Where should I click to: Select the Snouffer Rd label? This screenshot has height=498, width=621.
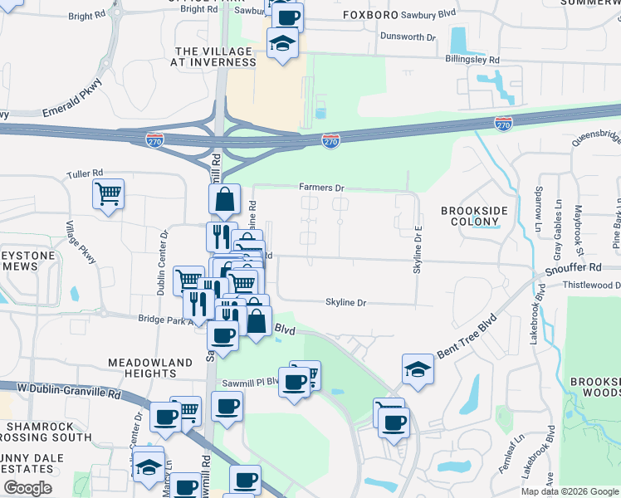[x=574, y=268]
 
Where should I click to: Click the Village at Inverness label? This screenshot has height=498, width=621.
[x=213, y=56]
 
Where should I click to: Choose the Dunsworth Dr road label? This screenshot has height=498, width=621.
[x=407, y=37]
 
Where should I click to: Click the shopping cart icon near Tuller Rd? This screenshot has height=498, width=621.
[x=108, y=194]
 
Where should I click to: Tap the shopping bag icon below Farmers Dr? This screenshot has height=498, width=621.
[x=224, y=199]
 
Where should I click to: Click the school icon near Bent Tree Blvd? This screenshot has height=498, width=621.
[x=418, y=369]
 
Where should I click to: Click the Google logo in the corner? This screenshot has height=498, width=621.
[x=27, y=488]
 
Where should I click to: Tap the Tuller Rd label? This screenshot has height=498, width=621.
[x=84, y=175]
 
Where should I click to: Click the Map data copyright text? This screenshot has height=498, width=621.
[x=568, y=491]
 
